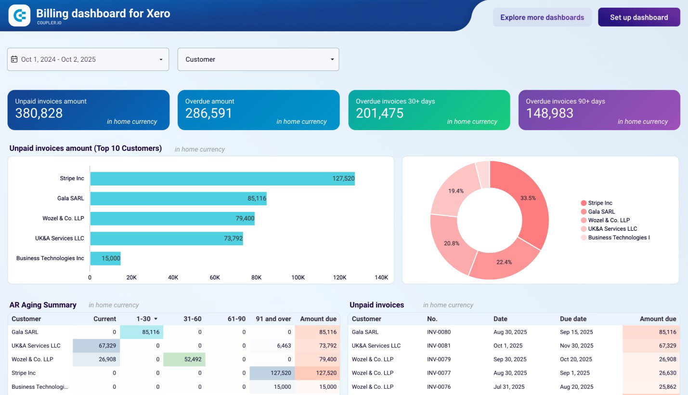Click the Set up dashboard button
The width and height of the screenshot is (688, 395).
638,17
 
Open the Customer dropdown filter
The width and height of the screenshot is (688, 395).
258,59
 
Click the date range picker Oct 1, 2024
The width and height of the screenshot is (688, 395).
88,59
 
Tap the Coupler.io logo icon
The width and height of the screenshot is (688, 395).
19,15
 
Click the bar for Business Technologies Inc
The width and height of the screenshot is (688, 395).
105,258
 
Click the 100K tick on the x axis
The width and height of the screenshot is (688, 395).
298,277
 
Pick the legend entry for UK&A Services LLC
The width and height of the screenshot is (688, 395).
612,229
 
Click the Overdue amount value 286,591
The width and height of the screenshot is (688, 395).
208,113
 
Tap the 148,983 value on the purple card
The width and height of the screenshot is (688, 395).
549,113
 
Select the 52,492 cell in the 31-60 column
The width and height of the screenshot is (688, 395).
184,359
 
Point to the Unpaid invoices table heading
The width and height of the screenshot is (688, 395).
376,305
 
